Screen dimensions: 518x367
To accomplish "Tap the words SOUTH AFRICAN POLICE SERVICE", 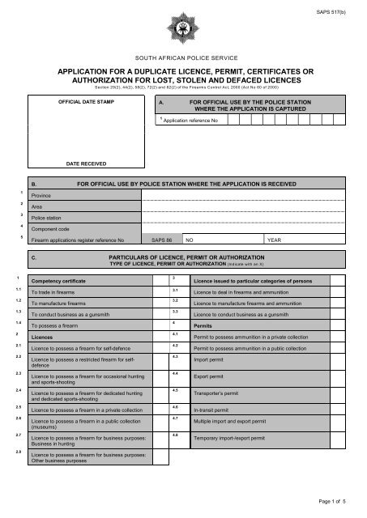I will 183,61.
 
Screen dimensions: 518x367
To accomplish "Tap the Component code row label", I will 49,230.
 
